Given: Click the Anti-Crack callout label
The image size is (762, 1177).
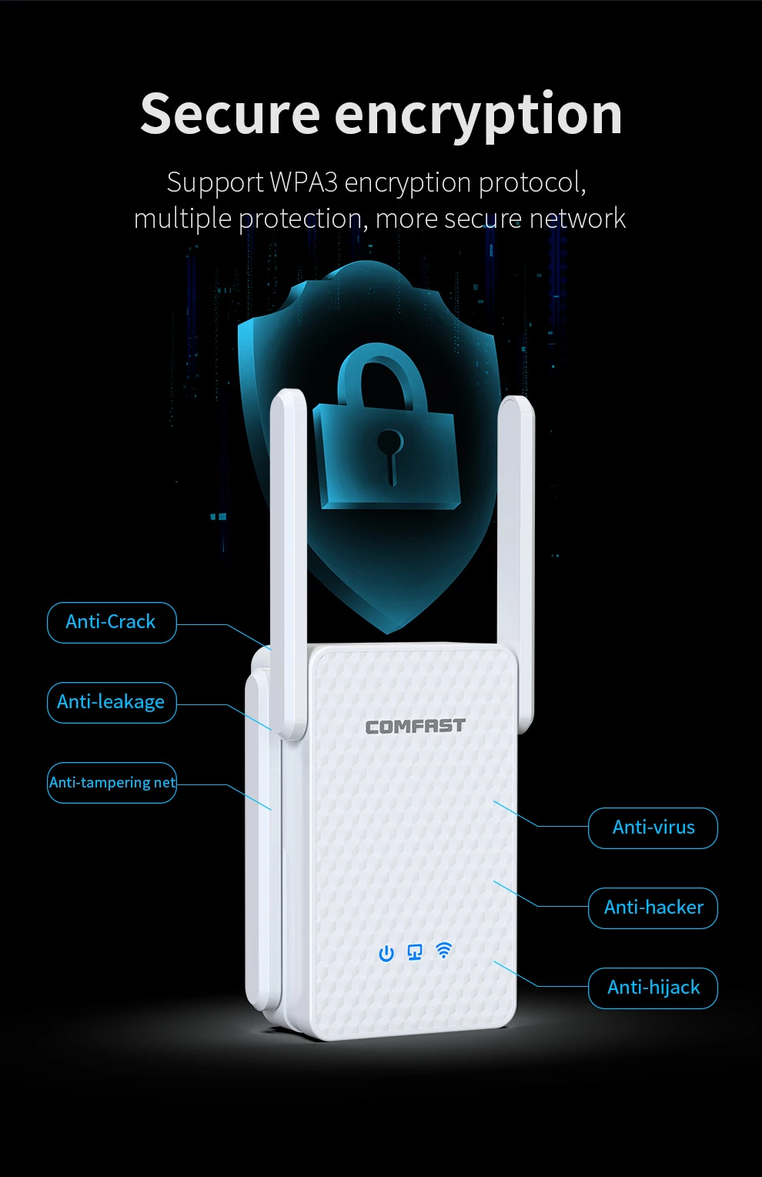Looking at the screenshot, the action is point(112,623).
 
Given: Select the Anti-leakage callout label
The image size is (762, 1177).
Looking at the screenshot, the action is point(112,703).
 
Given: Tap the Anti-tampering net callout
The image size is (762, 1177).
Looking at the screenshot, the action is point(112,783).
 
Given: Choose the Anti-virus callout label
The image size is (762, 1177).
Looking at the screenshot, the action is point(653,828).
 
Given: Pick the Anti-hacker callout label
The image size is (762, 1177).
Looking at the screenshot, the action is point(653,908).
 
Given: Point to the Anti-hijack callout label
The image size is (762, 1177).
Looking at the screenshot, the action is point(653,988).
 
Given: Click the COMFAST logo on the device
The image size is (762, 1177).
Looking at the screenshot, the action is point(415,726).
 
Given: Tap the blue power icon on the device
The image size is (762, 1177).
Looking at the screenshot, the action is point(386,953).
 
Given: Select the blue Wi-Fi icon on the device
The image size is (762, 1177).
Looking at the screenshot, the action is point(443,950).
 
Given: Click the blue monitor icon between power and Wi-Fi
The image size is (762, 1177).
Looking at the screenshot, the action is point(415,951).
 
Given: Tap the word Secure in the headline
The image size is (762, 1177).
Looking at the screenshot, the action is point(230,115).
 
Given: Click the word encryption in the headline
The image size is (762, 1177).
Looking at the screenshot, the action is point(478,117).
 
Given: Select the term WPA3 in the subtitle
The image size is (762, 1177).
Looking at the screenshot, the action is point(304,182).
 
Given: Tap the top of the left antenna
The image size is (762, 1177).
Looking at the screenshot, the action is point(288,392).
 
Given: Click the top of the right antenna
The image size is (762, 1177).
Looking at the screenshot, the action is point(516,400).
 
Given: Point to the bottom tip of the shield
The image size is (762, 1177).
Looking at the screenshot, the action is point(388,634).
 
